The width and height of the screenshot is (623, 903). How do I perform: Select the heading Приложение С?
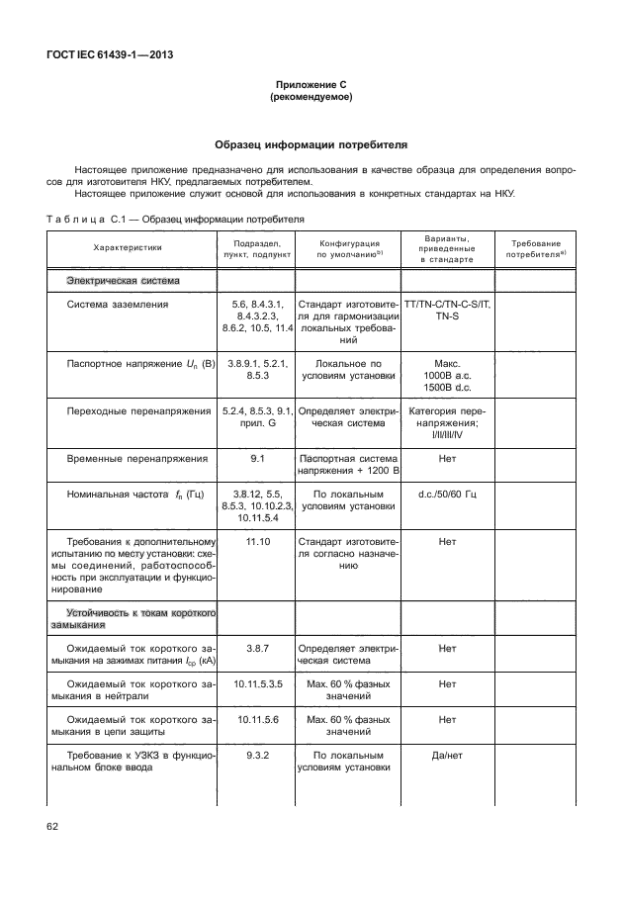pyautogui.click(x=311, y=86)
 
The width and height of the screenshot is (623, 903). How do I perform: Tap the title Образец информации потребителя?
pyautogui.click(x=311, y=144)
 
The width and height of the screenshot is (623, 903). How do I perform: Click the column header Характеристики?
pyautogui.click(x=129, y=248)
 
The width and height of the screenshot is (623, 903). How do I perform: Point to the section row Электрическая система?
pyautogui.click(x=124, y=281)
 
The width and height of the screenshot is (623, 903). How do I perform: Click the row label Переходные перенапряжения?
pyautogui.click(x=138, y=409)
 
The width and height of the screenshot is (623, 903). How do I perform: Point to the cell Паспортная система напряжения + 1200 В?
pyautogui.click(x=348, y=465)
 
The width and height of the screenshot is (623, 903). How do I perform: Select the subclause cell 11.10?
pyautogui.click(x=258, y=541)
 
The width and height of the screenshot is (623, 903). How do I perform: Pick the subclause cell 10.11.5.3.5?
pyautogui.click(x=258, y=683)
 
